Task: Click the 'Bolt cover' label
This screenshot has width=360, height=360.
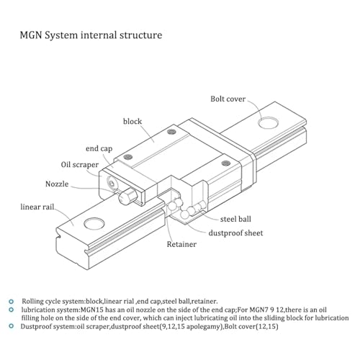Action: coord(228,99)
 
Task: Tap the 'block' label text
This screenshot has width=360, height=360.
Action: coord(132,121)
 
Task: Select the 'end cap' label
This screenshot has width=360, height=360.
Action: coord(99,149)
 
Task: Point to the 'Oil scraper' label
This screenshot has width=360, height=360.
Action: coord(79,165)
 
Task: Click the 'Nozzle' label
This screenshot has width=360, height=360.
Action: coord(57,184)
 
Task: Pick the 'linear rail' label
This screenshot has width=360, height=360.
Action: coord(37,207)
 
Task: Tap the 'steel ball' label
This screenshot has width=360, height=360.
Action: coord(235,219)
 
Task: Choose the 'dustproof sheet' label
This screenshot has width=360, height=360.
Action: coord(235,233)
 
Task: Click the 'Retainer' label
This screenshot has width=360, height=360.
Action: coord(181,244)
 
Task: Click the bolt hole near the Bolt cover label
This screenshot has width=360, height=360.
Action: coord(268,122)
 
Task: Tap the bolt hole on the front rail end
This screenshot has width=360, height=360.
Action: coord(94,223)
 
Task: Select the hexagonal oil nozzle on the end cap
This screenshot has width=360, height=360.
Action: coord(127,196)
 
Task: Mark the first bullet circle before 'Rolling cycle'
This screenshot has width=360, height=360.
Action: coord(11,302)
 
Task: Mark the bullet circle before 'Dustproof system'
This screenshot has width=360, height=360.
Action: coord(11,326)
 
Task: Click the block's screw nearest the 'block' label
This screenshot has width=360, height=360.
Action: coord(171,132)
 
